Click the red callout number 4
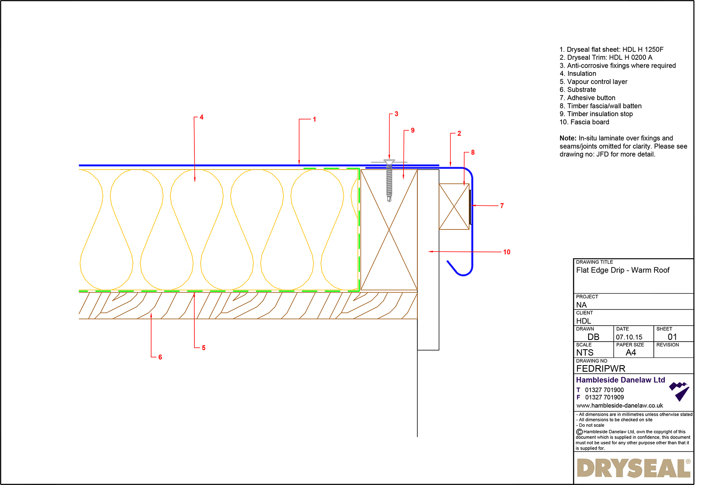pos(201,117)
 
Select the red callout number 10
pos(507,252)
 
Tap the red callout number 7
pos(502,206)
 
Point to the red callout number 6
pos(160,357)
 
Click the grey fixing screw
pos(389,180)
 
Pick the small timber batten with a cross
pos(454,206)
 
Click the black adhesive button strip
pos(470,207)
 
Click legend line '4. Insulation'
pos(578,74)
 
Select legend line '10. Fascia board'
pos(584,122)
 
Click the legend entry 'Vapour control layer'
pos(597,82)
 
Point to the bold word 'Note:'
pos(568,138)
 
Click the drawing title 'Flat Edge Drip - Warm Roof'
pos(623,270)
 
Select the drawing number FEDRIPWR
pos(600,368)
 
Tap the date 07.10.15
pos(629,337)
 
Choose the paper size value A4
pos(630,353)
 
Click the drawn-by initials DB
pos(593,337)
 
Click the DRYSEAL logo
pos(633,468)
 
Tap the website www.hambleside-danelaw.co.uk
pos(619,406)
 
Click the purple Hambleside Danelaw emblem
pos(679,391)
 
